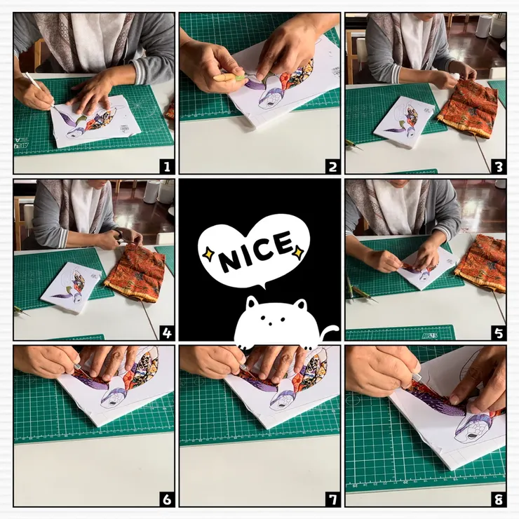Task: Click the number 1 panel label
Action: coord(167,166)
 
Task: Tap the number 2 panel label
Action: coord(332,166)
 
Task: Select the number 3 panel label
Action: coord(499,166)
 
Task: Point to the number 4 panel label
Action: coord(167,332)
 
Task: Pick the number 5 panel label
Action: coord(499,332)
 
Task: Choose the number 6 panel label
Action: coord(167,499)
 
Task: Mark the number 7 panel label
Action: coord(332,499)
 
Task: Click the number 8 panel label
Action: coord(499,499)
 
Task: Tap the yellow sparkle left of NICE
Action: coord(208,254)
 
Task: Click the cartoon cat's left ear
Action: coord(253,302)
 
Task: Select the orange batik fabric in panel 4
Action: coord(135,272)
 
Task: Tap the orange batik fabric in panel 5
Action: coord(482,263)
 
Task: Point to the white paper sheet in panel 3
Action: coord(405,122)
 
